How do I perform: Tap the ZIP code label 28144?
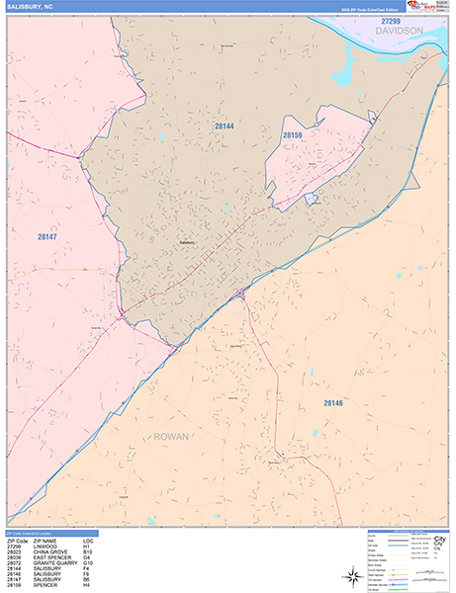pyautogui.click(x=225, y=127)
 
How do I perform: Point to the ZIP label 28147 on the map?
pyautogui.click(x=46, y=237)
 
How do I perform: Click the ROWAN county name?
pyautogui.click(x=172, y=436)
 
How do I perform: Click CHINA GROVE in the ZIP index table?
pyautogui.click(x=51, y=552)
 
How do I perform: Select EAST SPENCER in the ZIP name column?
pyautogui.click(x=52, y=558)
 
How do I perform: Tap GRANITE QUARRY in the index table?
pyautogui.click(x=55, y=564)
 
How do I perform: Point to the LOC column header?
pyautogui.click(x=88, y=541)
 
